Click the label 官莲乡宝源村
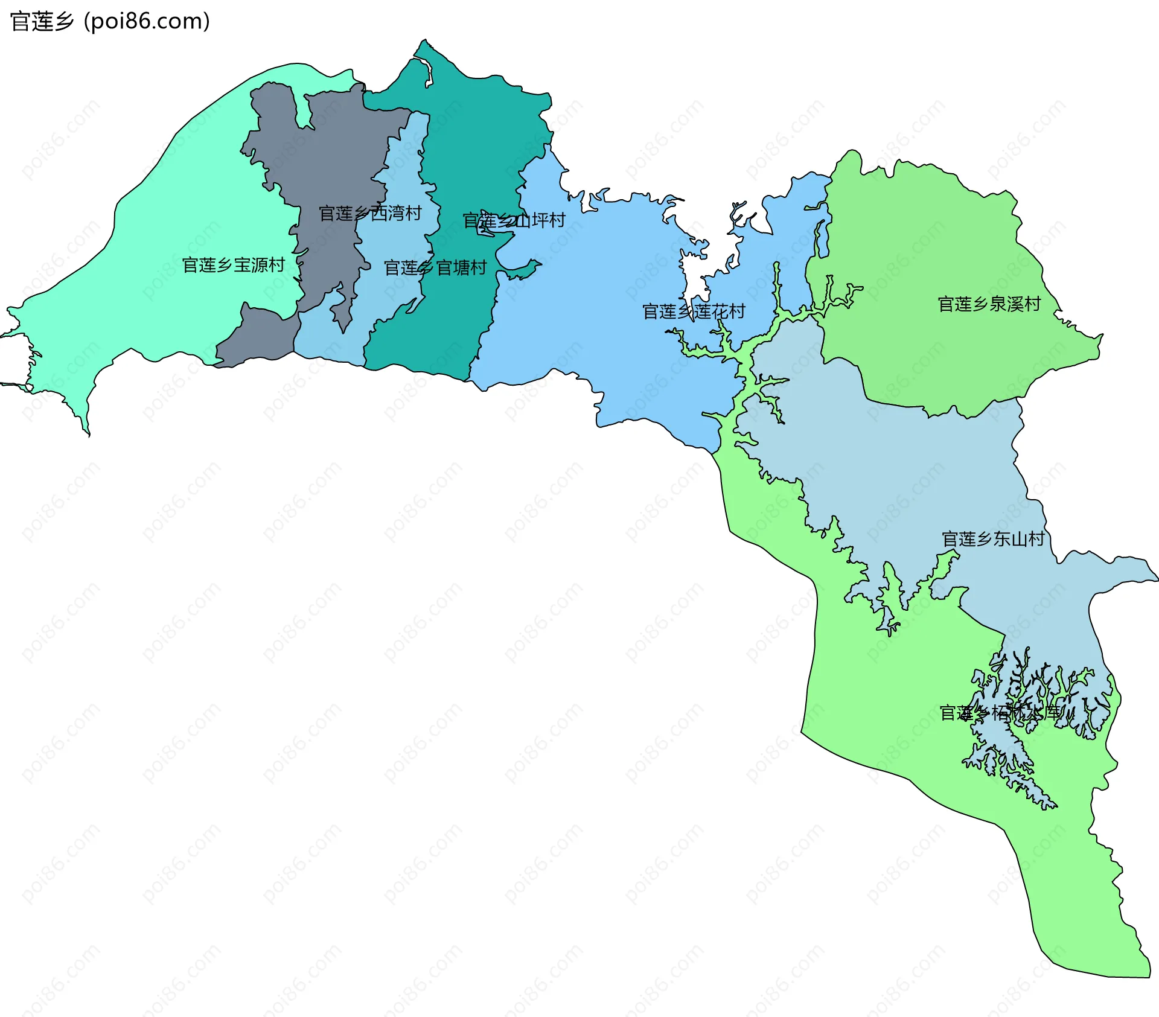(233, 265)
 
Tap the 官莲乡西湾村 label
(370, 213)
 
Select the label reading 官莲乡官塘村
(435, 267)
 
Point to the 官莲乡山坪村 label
(514, 220)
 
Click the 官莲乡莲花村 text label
(694, 311)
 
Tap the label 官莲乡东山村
(993, 538)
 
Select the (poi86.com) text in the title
(147, 22)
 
